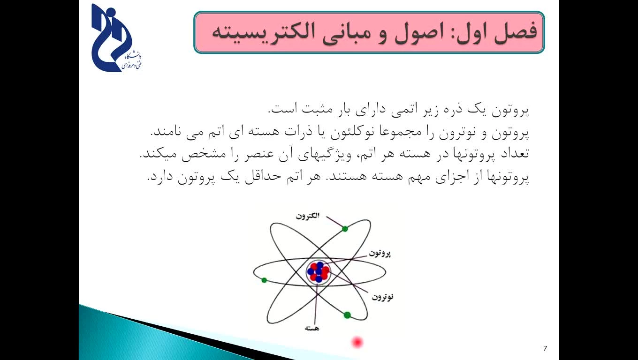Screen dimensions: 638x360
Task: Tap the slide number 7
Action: (545, 348)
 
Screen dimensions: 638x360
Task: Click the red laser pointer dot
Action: (357, 342)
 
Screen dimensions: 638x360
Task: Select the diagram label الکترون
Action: (308, 216)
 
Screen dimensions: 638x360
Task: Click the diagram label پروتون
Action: (380, 253)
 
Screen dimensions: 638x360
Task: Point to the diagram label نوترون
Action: (382, 297)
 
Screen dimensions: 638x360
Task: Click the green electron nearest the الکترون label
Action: (345, 229)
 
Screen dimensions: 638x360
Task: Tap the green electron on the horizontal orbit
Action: (264, 280)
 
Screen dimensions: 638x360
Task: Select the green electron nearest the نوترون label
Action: (347, 315)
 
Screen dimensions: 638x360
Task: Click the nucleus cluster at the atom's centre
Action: (319, 272)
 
